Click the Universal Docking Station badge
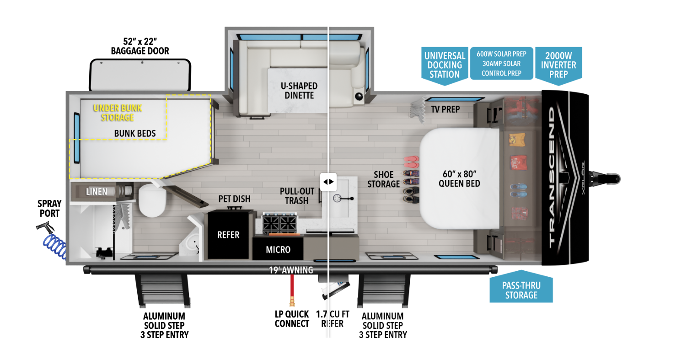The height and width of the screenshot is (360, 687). tap(445, 65)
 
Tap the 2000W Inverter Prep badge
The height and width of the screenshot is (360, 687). tap(558, 65)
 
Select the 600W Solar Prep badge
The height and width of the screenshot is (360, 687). tap(501, 64)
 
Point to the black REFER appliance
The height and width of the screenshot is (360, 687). tap(228, 235)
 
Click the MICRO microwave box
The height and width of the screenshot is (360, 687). tap(278, 249)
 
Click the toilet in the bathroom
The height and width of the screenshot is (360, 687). tap(152, 200)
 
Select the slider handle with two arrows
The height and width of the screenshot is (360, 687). tap(328, 182)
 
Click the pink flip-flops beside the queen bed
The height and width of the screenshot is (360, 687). tap(411, 162)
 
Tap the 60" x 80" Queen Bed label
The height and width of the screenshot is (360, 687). tap(459, 179)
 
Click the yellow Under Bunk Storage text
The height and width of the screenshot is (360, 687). tap(118, 113)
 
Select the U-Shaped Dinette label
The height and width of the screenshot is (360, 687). tap(299, 91)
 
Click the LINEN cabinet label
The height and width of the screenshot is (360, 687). tap(97, 192)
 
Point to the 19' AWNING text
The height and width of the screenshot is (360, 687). tap(291, 270)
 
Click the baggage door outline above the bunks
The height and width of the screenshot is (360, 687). tap(140, 75)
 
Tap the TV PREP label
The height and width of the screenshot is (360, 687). tap(445, 109)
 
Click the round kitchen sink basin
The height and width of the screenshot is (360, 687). tap(338, 198)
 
